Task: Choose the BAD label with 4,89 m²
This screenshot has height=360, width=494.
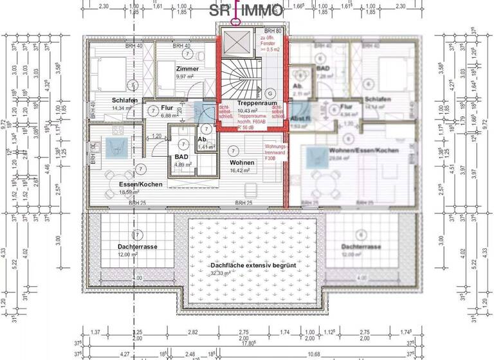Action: (x=181, y=156)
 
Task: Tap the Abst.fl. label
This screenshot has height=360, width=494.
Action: (x=299, y=119)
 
